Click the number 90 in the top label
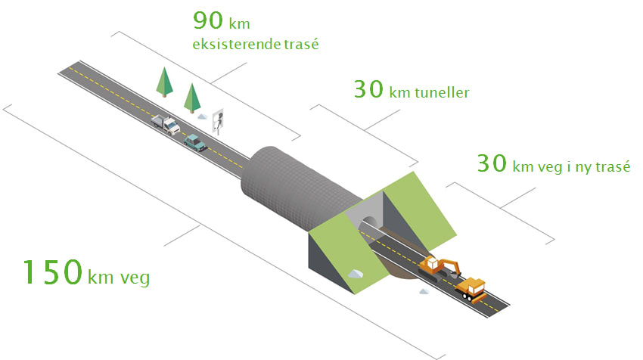click(207, 20)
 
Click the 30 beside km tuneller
click(368, 89)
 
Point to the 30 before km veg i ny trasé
click(492, 163)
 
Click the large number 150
click(51, 272)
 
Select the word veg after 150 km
click(133, 278)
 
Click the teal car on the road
click(195, 141)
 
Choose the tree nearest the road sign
click(193, 98)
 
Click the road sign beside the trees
click(219, 119)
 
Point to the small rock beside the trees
click(202, 116)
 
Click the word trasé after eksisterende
click(300, 45)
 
